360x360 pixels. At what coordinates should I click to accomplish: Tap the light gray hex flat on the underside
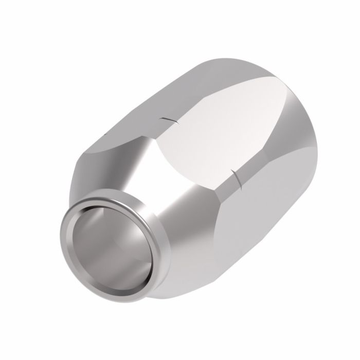tap(242, 242)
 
